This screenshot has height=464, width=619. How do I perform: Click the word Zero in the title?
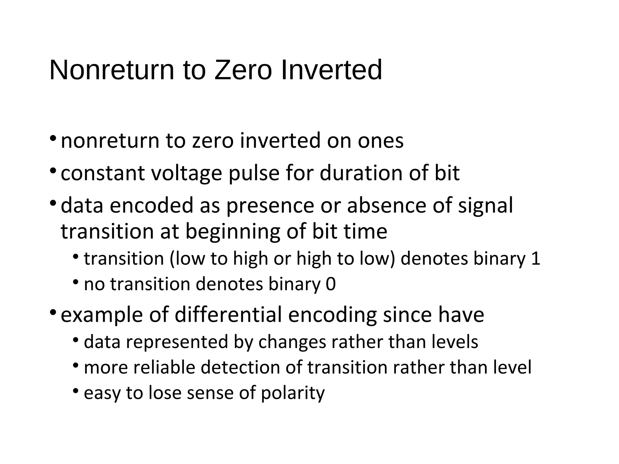click(x=243, y=70)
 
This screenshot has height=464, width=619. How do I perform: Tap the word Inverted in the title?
click(x=331, y=70)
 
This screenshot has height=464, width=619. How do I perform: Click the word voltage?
click(x=186, y=173)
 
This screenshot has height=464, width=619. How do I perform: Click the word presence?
click(x=270, y=206)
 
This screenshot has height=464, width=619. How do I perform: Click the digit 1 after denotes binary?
click(x=535, y=259)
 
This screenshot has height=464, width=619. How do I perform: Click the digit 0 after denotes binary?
click(x=331, y=284)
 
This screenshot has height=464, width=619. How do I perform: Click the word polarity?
click(x=293, y=393)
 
